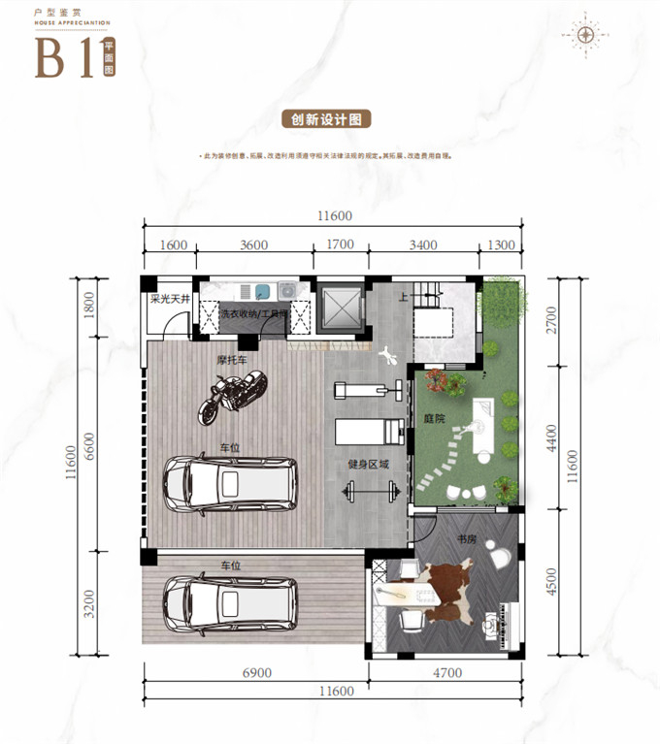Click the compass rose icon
point(585,34)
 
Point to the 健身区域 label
point(368,465)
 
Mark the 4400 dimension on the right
point(553,437)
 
